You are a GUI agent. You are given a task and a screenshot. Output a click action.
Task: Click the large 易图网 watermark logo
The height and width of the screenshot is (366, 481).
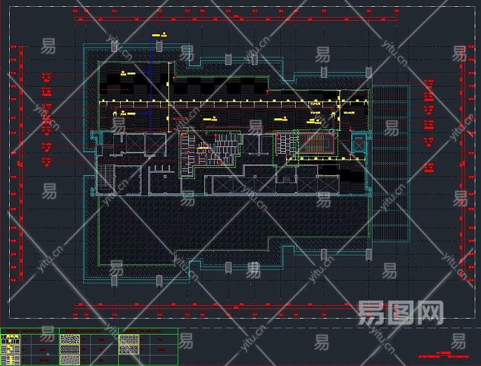[x=400, y=312]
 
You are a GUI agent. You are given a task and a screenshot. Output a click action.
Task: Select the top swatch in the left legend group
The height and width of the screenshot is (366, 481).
[x=9, y=339]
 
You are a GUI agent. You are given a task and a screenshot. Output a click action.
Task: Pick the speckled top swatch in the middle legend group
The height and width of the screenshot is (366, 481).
[x=70, y=339]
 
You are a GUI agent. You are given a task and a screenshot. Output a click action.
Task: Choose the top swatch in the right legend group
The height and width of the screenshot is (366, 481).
[x=129, y=339]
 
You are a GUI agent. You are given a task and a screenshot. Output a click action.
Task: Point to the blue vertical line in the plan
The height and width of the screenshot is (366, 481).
[x=151, y=85]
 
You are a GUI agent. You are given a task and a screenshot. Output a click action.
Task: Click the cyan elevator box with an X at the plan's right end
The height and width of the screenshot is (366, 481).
[x=360, y=144]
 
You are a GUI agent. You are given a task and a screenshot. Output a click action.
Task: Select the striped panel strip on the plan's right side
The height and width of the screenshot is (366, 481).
[x=390, y=162]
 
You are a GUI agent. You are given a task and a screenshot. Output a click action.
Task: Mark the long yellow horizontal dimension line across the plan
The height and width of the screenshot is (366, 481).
[x=232, y=100]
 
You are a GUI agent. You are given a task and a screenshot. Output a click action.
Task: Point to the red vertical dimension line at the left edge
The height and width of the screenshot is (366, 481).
[x=22, y=165]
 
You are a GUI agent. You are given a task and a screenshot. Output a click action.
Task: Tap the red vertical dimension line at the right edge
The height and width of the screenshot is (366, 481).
[x=462, y=165]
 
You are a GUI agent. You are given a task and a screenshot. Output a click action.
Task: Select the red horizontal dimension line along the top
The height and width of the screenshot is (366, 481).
[x=238, y=19]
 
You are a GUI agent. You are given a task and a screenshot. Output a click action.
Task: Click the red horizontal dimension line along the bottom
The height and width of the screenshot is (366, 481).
[x=238, y=306]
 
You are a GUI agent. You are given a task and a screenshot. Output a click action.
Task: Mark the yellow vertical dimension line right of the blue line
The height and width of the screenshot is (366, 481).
[x=169, y=98]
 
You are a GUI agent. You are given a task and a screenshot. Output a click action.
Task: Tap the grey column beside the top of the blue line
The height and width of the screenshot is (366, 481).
[x=159, y=45]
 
